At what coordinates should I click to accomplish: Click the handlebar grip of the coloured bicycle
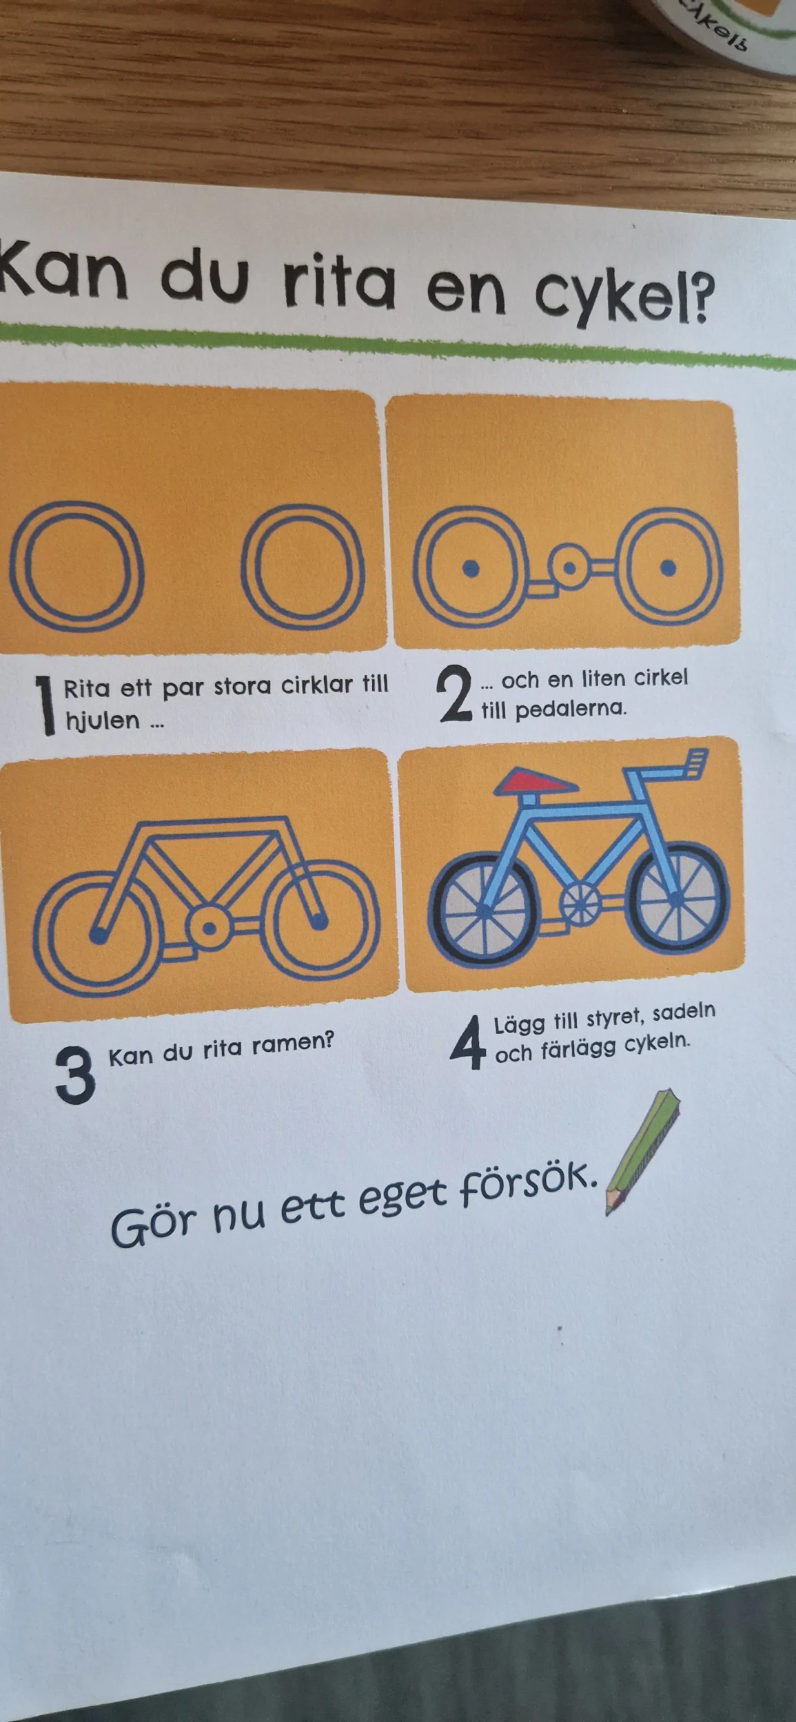click(697, 764)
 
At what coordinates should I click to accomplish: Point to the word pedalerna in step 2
click(571, 709)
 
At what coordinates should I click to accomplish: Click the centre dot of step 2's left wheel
click(471, 568)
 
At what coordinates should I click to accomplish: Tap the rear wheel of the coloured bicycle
click(484, 911)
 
